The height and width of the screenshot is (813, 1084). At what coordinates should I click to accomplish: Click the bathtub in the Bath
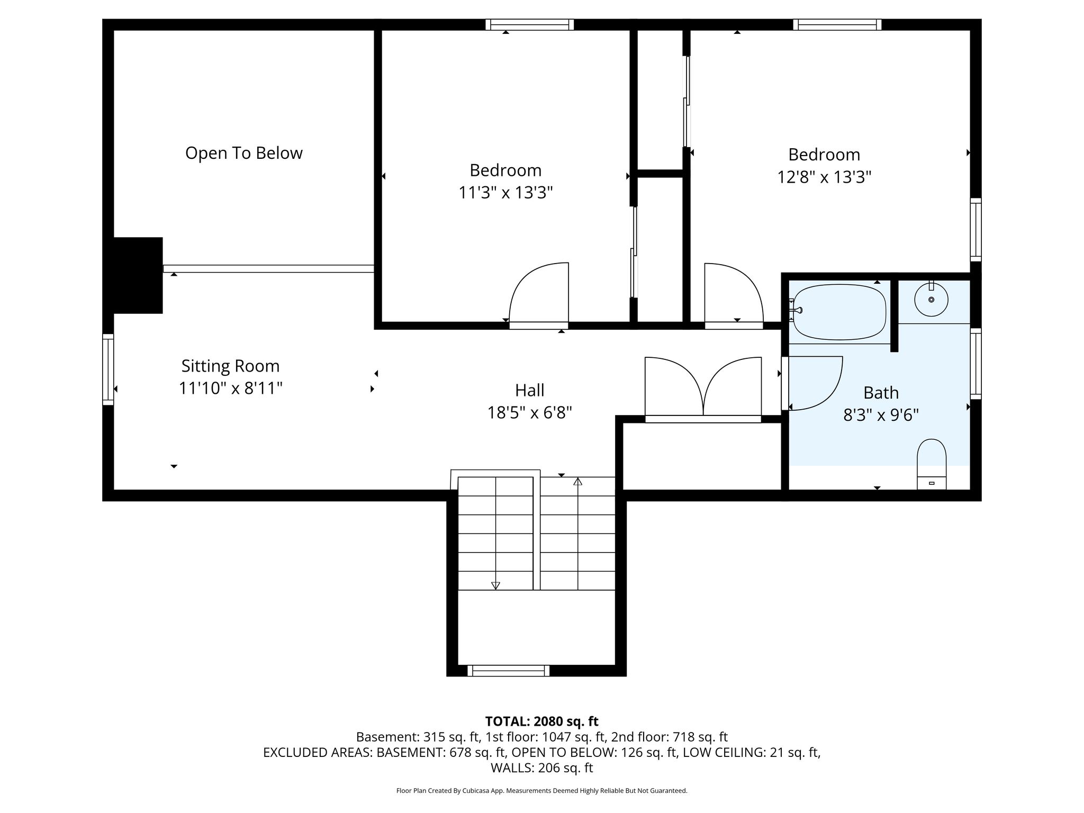pyautogui.click(x=839, y=313)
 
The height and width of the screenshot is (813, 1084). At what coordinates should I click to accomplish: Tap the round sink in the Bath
pyautogui.click(x=931, y=300)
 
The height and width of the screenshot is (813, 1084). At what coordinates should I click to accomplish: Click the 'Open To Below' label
pyautogui.click(x=244, y=153)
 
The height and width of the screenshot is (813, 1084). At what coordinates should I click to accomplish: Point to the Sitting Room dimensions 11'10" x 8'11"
pyautogui.click(x=230, y=389)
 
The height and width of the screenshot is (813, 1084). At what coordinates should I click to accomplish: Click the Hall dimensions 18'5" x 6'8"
pyautogui.click(x=530, y=412)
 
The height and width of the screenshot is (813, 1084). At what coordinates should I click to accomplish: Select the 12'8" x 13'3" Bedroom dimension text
pyautogui.click(x=824, y=177)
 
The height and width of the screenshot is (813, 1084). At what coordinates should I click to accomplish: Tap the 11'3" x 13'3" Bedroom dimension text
pyautogui.click(x=505, y=193)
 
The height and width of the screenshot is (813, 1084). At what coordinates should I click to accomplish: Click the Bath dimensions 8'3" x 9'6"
pyautogui.click(x=881, y=415)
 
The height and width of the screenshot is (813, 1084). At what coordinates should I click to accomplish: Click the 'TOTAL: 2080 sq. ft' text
pyautogui.click(x=541, y=721)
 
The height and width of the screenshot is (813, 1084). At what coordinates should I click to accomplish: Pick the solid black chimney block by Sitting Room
pyautogui.click(x=138, y=275)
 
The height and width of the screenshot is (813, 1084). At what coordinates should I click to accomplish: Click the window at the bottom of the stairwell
pyautogui.click(x=508, y=671)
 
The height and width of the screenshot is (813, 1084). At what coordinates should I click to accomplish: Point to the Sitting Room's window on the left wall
pyautogui.click(x=108, y=369)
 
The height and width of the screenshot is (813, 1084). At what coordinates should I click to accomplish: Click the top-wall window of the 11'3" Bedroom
pyautogui.click(x=530, y=24)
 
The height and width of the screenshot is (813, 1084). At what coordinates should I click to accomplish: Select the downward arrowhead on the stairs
pyautogui.click(x=495, y=585)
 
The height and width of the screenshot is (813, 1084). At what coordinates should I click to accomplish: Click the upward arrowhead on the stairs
pyautogui.click(x=577, y=482)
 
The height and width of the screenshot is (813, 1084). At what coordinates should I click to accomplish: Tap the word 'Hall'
pyautogui.click(x=530, y=391)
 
